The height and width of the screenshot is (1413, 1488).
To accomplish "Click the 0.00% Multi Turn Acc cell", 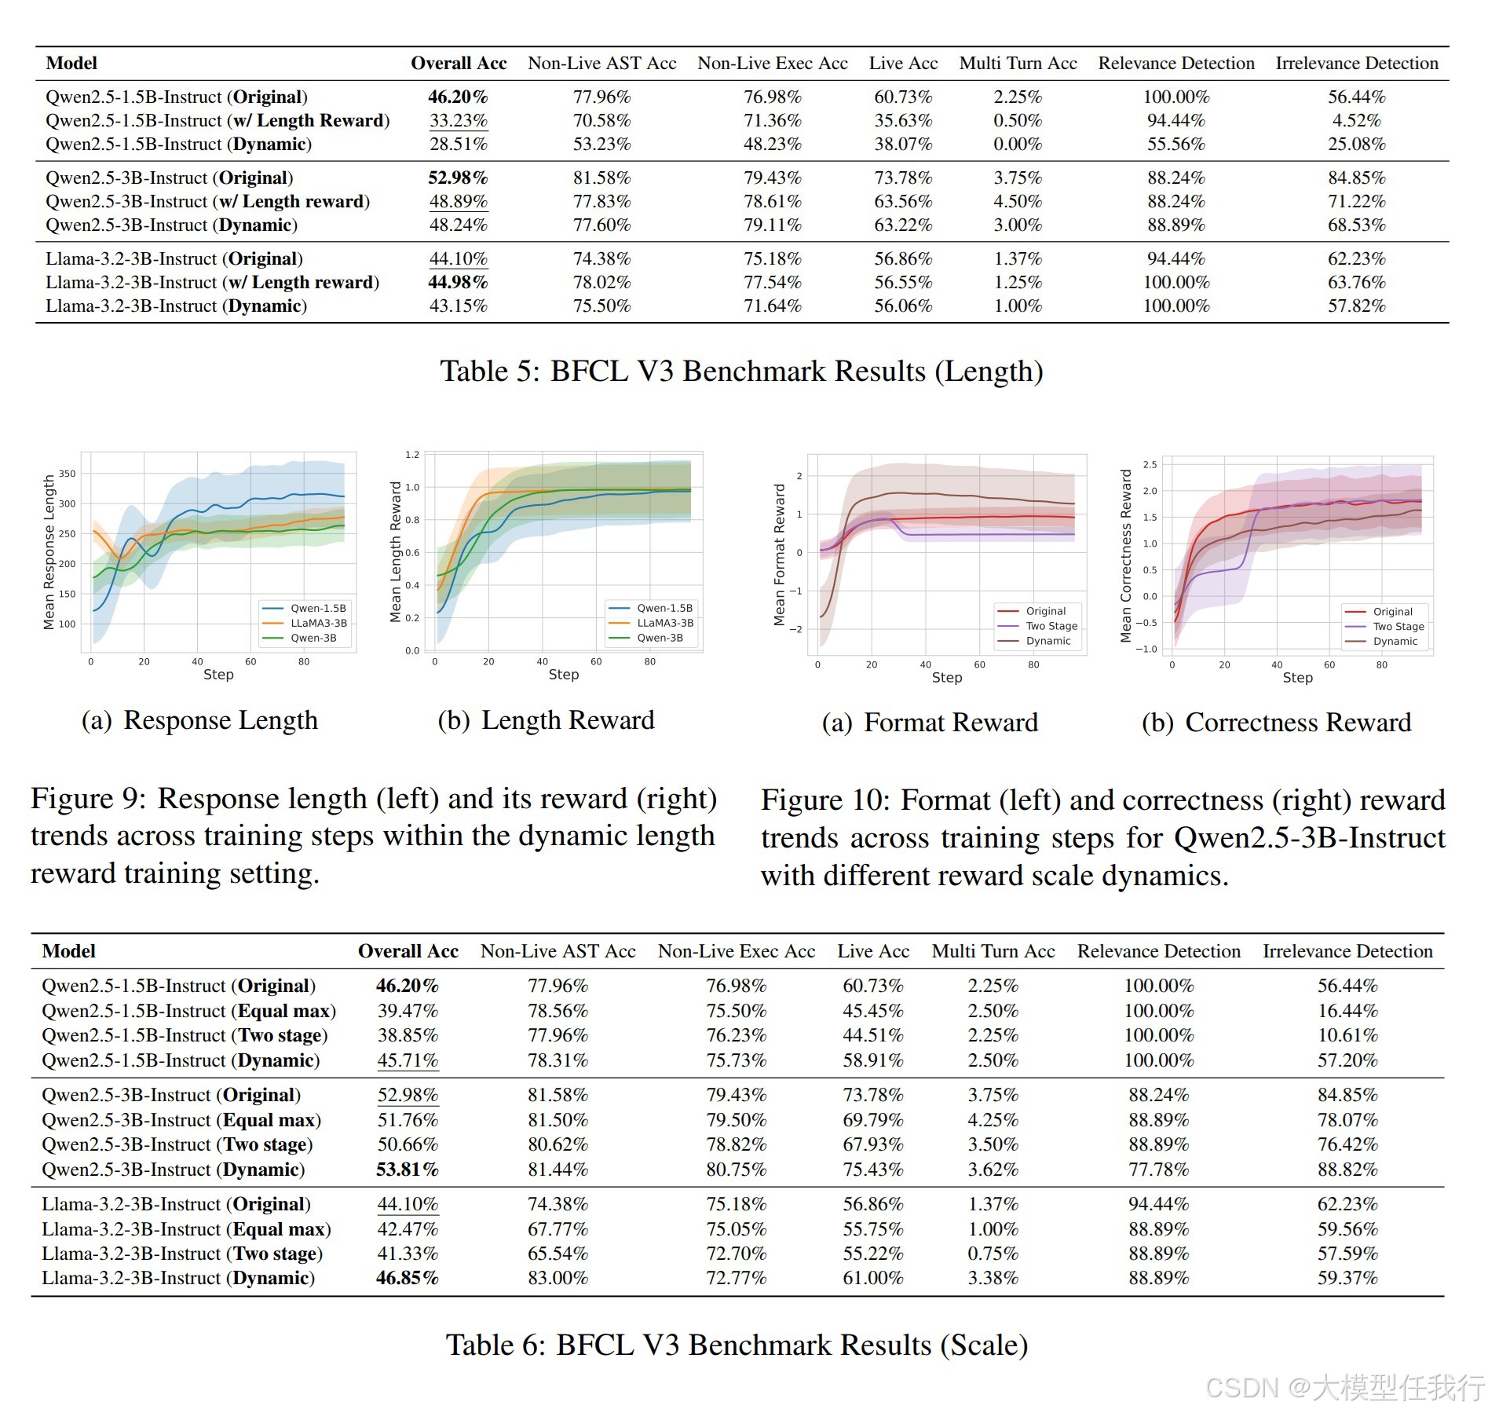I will coord(1017,145).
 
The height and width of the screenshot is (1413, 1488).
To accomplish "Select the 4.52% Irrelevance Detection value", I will coord(1356,121).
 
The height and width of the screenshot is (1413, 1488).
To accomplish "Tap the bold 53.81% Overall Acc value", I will coord(407,1170).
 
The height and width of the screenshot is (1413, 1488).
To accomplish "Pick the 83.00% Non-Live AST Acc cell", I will coord(558,1278).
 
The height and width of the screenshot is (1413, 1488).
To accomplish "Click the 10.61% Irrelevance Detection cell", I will coord(1347,1035).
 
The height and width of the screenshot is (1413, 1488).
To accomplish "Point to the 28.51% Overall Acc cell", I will coord(458,145).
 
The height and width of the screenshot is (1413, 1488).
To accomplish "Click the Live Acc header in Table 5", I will coord(903,64).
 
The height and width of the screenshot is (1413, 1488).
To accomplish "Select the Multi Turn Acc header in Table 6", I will coord(993,951).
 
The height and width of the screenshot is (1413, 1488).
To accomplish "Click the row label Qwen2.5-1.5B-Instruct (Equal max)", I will coord(188,1011).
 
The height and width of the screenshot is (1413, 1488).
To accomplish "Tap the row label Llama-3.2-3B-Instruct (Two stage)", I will coord(182,1254).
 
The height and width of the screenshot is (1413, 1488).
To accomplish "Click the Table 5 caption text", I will coord(741,371).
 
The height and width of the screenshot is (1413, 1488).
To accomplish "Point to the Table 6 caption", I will coord(737,1345).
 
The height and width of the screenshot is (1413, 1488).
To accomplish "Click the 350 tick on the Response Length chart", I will coord(68,474).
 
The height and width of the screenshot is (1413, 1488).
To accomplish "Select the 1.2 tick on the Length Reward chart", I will coord(412,455).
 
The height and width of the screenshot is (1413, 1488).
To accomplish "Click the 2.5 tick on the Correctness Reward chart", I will coord(1150,464).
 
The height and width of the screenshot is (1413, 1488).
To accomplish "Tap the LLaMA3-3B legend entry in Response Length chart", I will coord(318,623).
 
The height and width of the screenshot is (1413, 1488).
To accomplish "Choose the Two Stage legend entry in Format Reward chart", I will coord(1051,626).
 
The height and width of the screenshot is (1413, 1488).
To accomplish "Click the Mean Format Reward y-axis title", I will coord(779,555).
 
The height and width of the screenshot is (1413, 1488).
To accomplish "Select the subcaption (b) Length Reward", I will coord(546,720).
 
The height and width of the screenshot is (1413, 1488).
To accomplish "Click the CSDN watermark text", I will coord(1344,1388).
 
